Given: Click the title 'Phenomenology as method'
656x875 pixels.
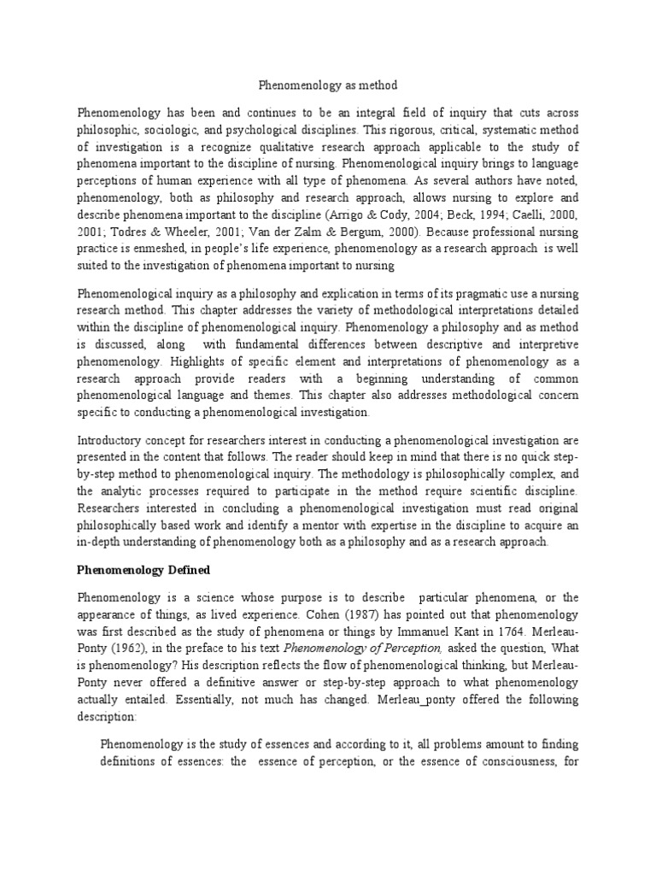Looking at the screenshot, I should [328, 85].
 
